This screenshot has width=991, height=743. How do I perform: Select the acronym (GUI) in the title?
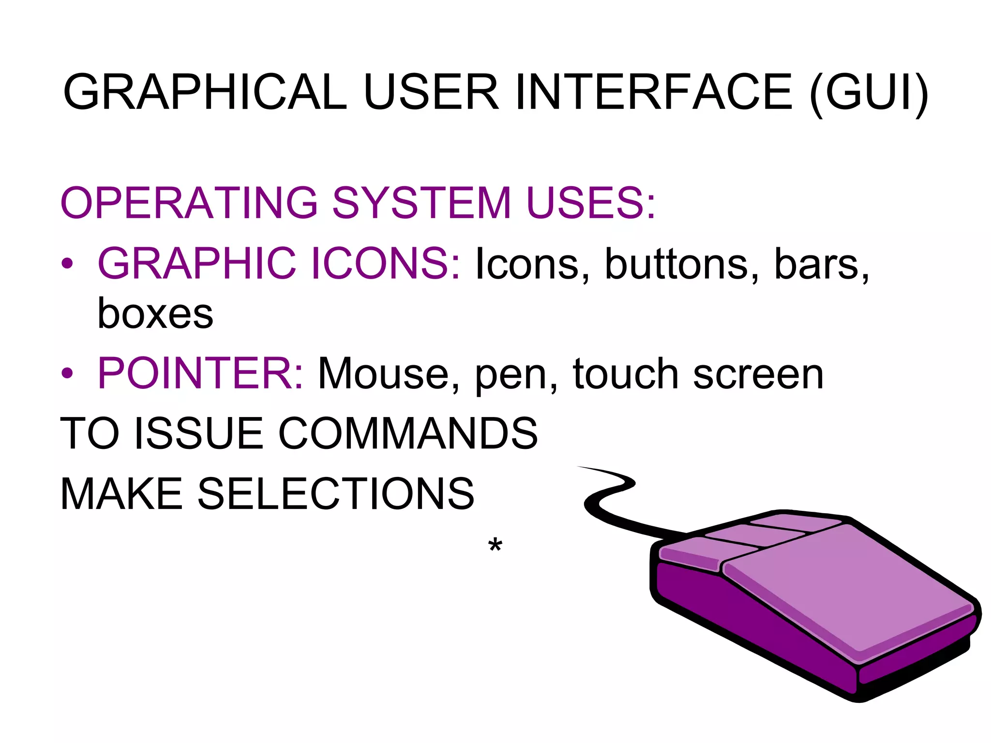tap(868, 93)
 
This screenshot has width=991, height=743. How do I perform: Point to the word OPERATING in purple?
tap(189, 203)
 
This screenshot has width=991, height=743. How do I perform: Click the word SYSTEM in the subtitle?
tap(421, 203)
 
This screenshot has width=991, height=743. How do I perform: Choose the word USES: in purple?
tap(590, 203)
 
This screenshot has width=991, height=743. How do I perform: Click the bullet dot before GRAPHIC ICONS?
tap(67, 264)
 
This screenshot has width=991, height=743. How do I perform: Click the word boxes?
tap(155, 314)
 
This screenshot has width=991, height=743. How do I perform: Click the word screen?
tap(758, 375)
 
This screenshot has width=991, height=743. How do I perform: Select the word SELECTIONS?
tap(336, 494)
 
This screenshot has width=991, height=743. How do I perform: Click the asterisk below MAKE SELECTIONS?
tap(495, 545)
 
